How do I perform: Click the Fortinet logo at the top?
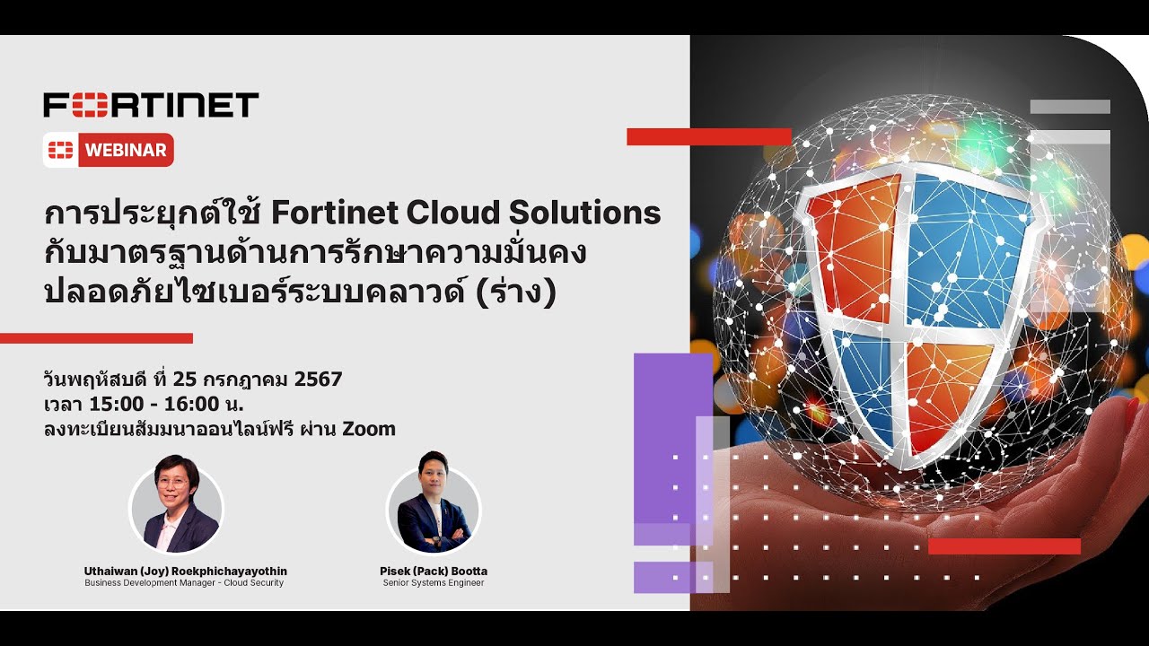pyautogui.click(x=151, y=104)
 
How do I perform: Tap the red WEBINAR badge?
pyautogui.click(x=109, y=150)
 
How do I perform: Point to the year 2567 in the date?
pyautogui.click(x=318, y=379)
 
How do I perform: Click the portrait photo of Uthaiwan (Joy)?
pyautogui.click(x=176, y=509)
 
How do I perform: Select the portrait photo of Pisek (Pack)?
pyautogui.click(x=434, y=509)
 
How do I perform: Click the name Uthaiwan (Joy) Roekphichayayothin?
pyautogui.click(x=185, y=571)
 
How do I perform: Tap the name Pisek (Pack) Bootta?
pyautogui.click(x=434, y=571)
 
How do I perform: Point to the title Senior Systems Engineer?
pyautogui.click(x=434, y=583)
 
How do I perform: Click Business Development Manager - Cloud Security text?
pyautogui.click(x=184, y=583)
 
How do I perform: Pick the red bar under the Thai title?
pyautogui.click(x=96, y=338)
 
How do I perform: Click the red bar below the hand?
pyautogui.click(x=1004, y=546)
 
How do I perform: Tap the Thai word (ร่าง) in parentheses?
pyautogui.click(x=520, y=292)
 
